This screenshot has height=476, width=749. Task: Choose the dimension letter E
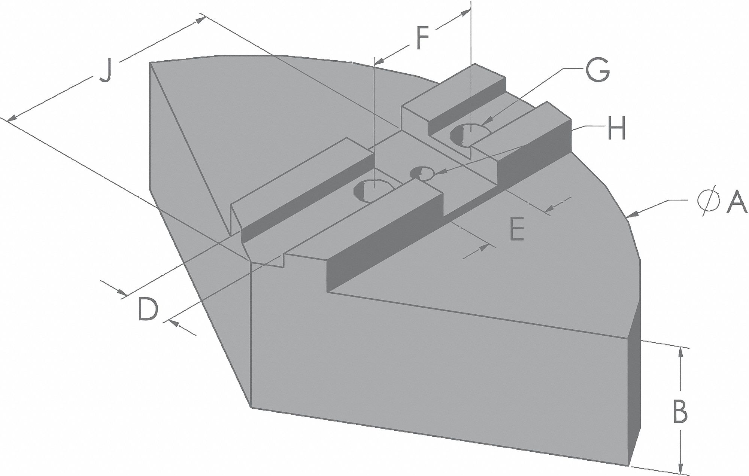click(516, 229)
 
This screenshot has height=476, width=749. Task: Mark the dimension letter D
click(148, 309)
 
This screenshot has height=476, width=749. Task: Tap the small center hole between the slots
click(422, 173)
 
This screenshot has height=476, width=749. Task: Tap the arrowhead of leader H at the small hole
click(439, 173)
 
